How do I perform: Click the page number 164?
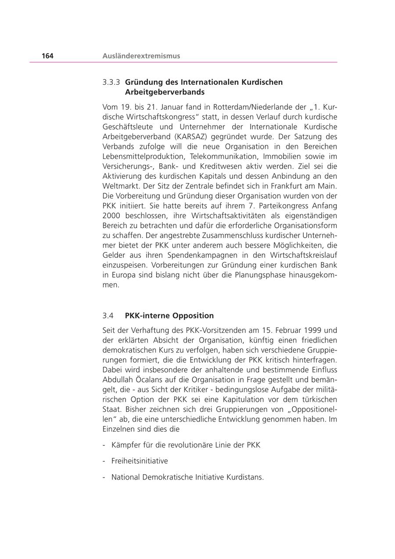(x=47, y=56)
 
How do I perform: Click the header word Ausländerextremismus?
(x=141, y=56)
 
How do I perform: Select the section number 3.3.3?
(x=111, y=82)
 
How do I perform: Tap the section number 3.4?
(x=108, y=316)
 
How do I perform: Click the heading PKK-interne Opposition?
(x=169, y=316)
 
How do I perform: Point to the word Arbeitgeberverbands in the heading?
(x=165, y=92)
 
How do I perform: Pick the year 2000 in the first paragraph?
(x=111, y=216)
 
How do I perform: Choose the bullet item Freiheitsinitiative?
(x=140, y=461)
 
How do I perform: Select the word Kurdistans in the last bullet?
(x=245, y=477)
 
